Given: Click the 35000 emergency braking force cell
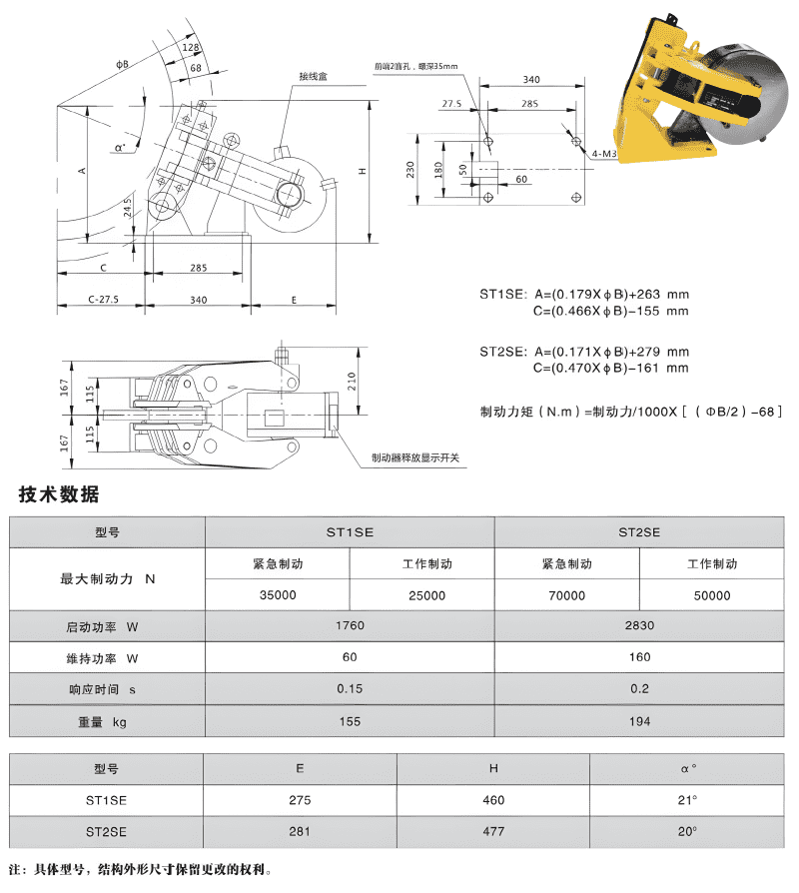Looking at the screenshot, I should tap(277, 595).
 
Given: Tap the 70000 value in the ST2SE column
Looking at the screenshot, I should tap(566, 595).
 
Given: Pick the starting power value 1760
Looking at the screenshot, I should tap(350, 626).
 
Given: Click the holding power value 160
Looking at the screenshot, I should tap(640, 657).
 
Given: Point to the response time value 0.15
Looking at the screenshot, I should tap(350, 689).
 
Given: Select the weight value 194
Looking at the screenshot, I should tap(640, 721).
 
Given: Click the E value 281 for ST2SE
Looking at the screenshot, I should tap(301, 831).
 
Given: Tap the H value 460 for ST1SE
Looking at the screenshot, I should tap(493, 800).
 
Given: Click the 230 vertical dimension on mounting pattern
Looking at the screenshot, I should tap(409, 169).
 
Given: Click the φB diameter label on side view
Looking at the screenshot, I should tap(121, 65).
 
